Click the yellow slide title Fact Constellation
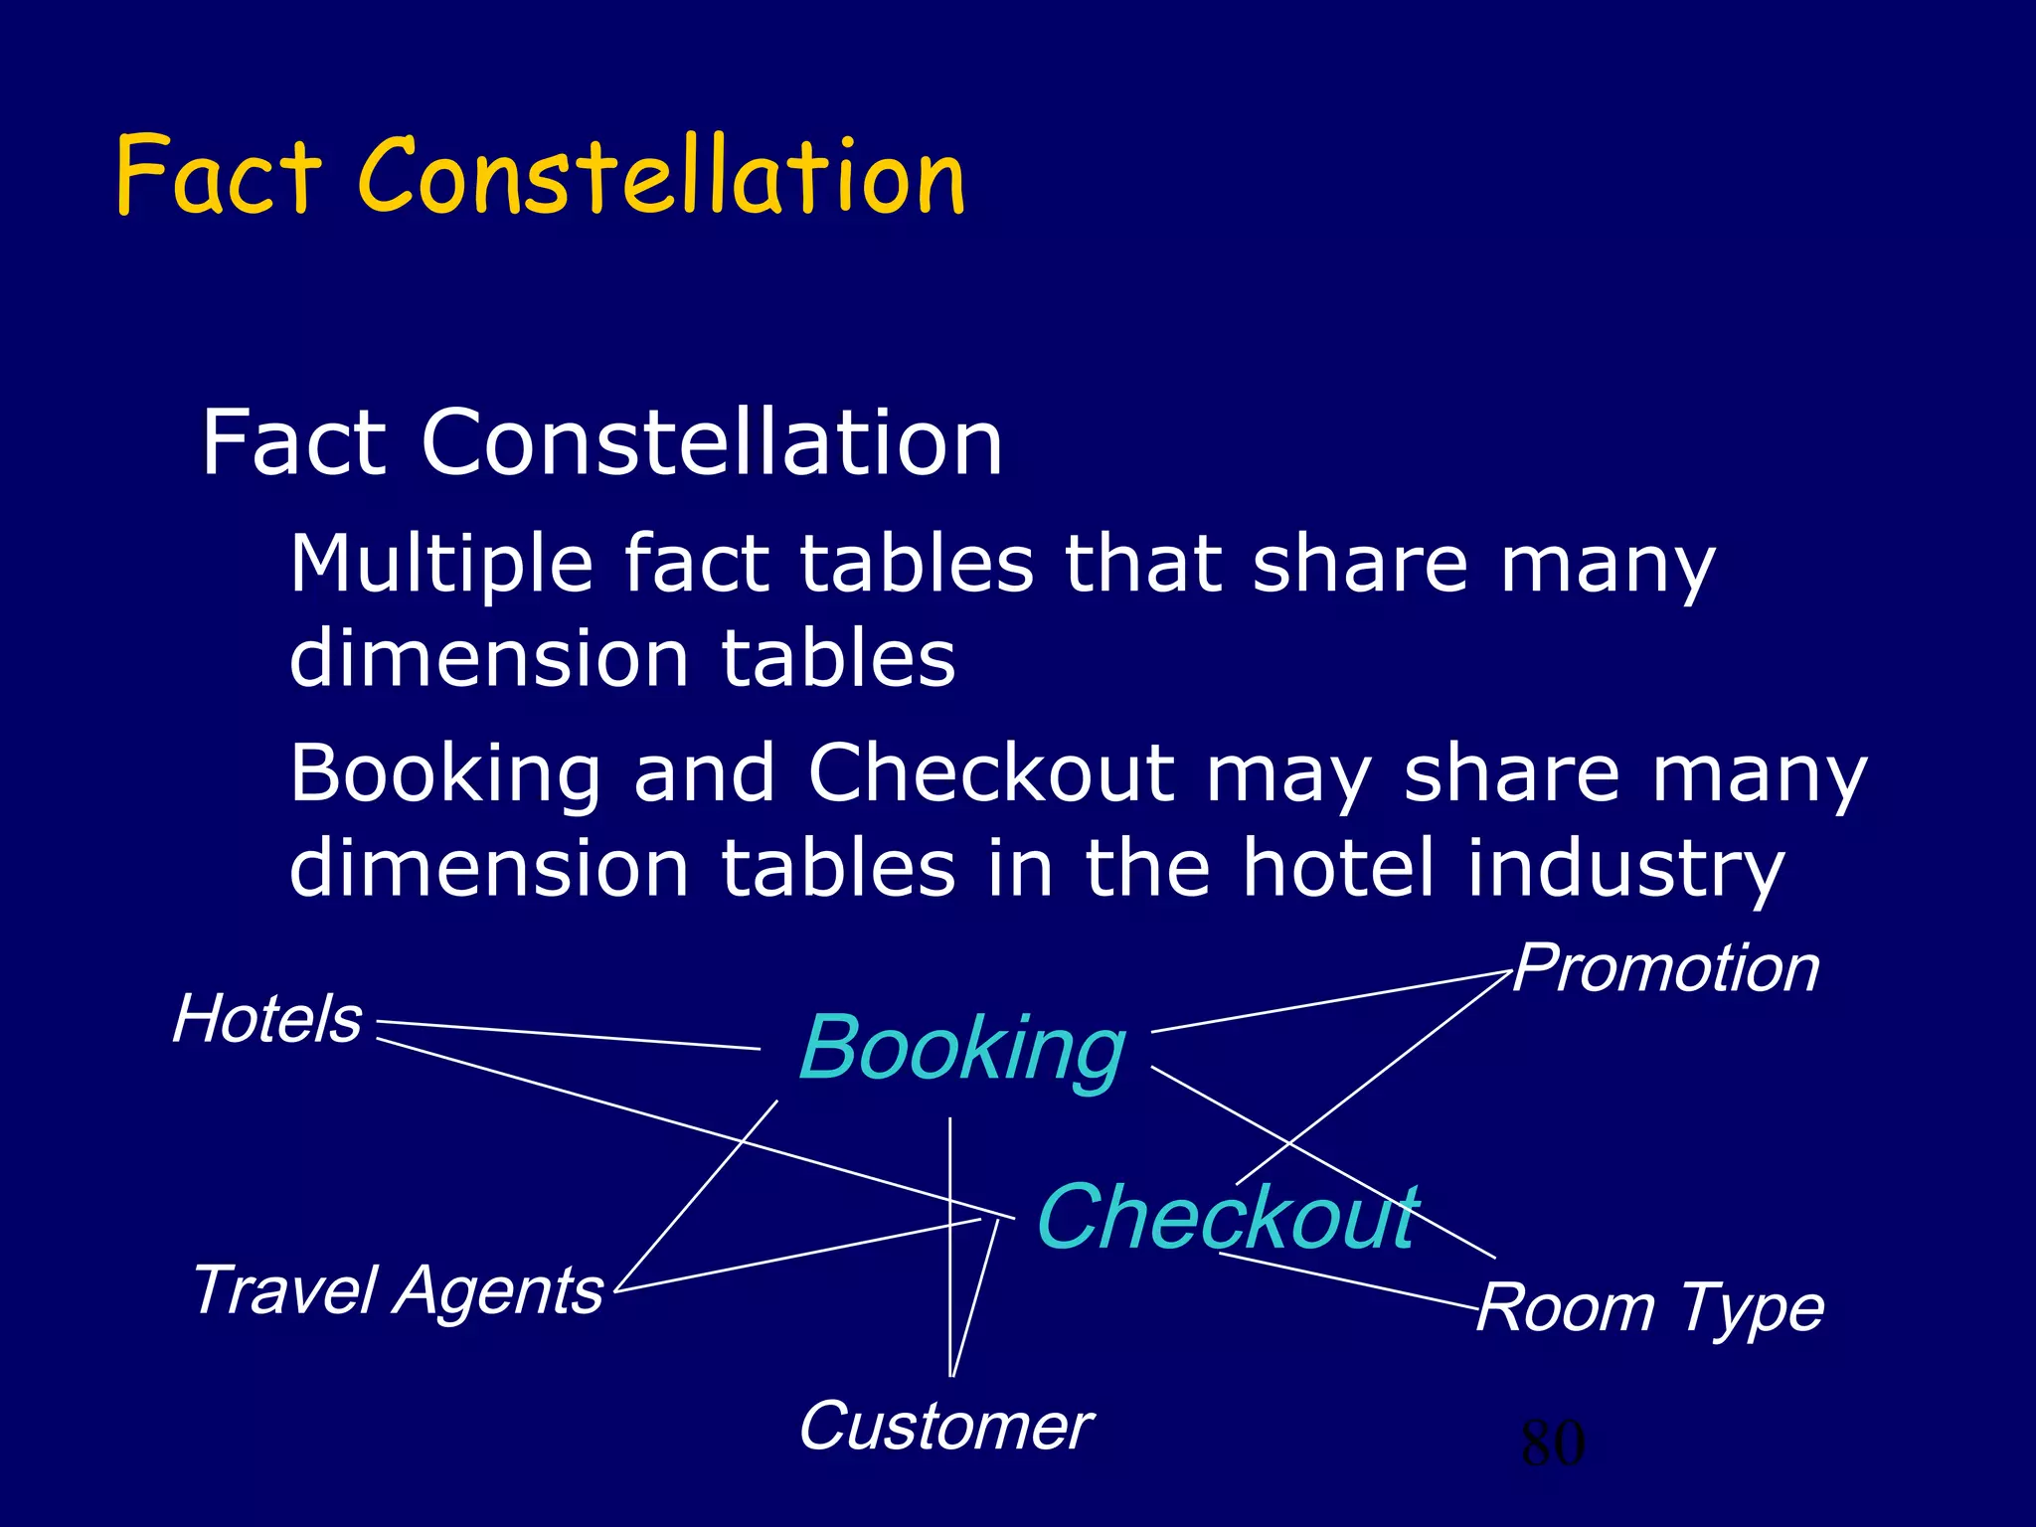tap(540, 176)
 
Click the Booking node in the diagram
tap(961, 1050)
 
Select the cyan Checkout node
tap(1227, 1217)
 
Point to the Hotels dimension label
tap(266, 1020)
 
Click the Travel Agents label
tap(398, 1290)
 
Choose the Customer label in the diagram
tap(945, 1427)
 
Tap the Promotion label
tap(1666, 968)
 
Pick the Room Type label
tap(1650, 1308)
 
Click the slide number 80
tap(1552, 1443)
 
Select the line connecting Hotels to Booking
tap(567, 1035)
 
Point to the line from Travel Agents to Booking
tap(696, 1197)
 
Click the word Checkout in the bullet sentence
tap(991, 773)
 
